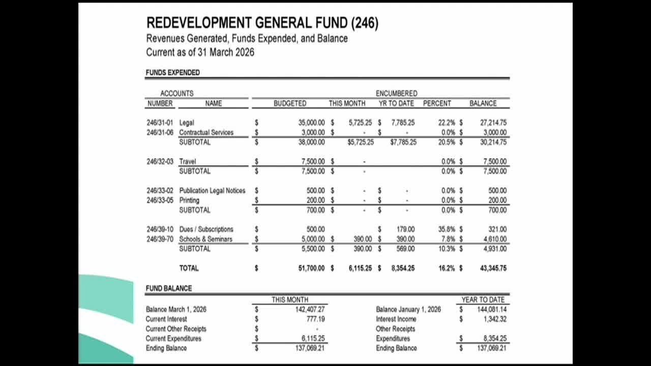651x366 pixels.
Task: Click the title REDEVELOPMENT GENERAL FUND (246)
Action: [262, 23]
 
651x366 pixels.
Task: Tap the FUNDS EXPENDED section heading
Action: [172, 73]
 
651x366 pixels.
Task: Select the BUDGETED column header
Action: [290, 103]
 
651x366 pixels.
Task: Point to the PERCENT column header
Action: [437, 103]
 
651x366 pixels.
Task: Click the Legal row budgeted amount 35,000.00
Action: [311, 123]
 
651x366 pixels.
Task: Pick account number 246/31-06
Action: [160, 132]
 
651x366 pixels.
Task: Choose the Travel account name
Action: [187, 162]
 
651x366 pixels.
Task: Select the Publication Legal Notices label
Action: [212, 191]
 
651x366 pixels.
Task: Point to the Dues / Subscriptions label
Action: [206, 229]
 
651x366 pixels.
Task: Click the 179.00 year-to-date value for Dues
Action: [405, 229]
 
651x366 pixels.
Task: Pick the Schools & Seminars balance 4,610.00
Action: [494, 239]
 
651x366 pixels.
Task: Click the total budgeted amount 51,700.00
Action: [311, 268]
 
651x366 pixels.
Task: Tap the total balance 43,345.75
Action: [493, 268]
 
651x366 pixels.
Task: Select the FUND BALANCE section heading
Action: [169, 288]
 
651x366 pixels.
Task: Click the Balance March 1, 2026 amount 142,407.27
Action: [310, 309]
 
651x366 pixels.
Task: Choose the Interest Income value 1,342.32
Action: [495, 319]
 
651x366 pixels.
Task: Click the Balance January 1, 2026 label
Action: [408, 309]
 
